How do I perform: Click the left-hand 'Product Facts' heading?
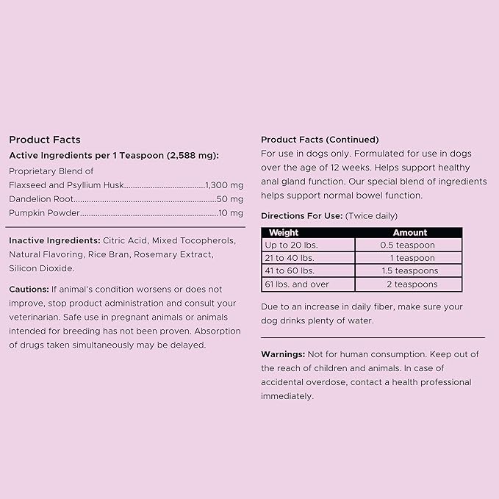pos(45,140)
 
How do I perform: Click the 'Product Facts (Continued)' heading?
pos(320,140)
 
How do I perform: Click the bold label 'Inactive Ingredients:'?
pos(54,241)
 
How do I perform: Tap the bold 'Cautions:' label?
pos(29,290)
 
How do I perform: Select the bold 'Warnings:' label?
pos(283,354)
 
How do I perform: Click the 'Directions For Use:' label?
pos(301,216)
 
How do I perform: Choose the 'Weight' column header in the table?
pos(284,233)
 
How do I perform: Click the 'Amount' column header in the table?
pos(409,233)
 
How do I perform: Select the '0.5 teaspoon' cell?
pos(408,245)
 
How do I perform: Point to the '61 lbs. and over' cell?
pos(297,284)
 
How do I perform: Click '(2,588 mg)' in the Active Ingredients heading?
pos(193,155)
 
